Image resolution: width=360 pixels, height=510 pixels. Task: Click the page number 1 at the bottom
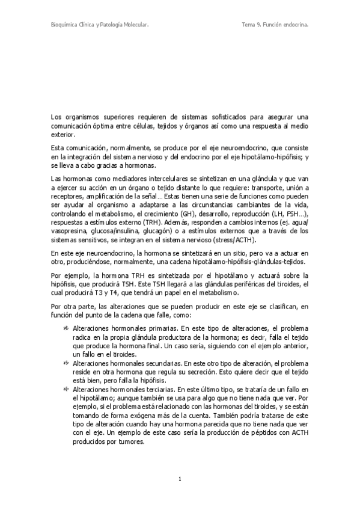(180, 479)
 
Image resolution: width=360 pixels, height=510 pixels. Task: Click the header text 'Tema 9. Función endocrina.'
(275, 25)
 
